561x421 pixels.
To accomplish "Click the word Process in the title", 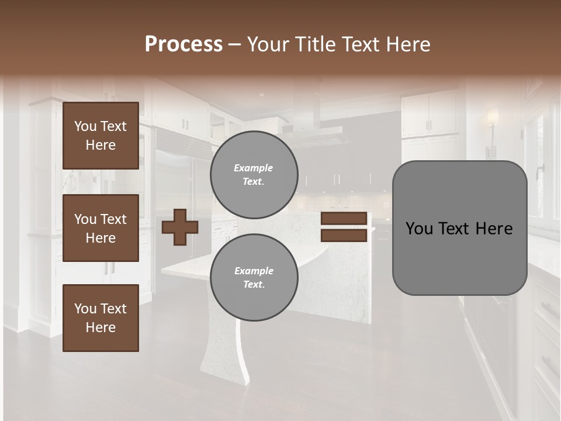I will tap(183, 44).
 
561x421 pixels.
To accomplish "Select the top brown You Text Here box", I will tap(101, 136).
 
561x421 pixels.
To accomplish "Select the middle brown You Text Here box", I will tap(101, 228).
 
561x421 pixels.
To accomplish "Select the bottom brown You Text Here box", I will tap(101, 318).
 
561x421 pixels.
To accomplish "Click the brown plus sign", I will tap(180, 227).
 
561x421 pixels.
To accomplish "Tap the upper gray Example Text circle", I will tap(254, 175).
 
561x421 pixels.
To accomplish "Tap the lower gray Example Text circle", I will tap(254, 278).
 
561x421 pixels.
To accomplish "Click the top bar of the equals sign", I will tap(344, 219).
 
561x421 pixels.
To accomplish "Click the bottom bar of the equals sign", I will tap(344, 236).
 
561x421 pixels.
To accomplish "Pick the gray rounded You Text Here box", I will tap(459, 228).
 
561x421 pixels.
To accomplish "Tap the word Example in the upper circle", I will tap(254, 168).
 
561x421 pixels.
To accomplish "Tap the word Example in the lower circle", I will tap(254, 271).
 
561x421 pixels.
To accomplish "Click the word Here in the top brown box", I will tap(101, 145).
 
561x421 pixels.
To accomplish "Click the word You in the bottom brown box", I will tap(85, 308).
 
